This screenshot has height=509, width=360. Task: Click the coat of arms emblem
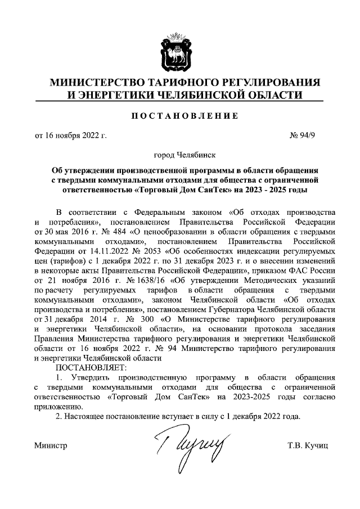(179, 46)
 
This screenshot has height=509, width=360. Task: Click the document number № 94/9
(314, 136)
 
